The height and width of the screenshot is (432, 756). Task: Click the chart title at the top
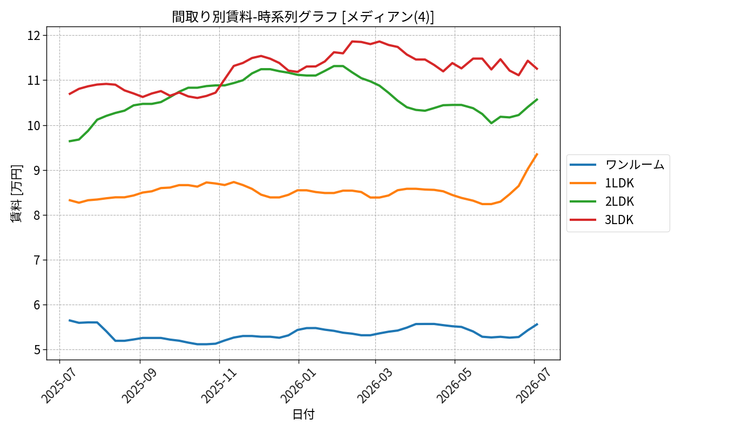(x=303, y=17)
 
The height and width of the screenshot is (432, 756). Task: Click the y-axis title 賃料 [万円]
(x=16, y=193)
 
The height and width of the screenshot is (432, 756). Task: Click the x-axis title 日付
(x=303, y=414)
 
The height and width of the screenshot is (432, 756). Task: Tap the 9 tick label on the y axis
(x=37, y=170)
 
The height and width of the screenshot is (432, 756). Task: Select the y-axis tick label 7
(x=37, y=260)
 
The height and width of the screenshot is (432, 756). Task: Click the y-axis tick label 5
(x=37, y=350)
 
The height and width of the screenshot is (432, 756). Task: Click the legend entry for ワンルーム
(x=617, y=165)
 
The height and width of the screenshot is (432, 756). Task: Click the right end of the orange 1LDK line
(x=537, y=154)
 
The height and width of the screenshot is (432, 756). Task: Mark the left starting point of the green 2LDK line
(x=69, y=141)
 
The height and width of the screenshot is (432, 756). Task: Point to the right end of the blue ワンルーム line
(x=537, y=324)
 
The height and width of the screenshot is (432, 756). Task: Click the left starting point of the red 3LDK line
(x=69, y=94)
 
